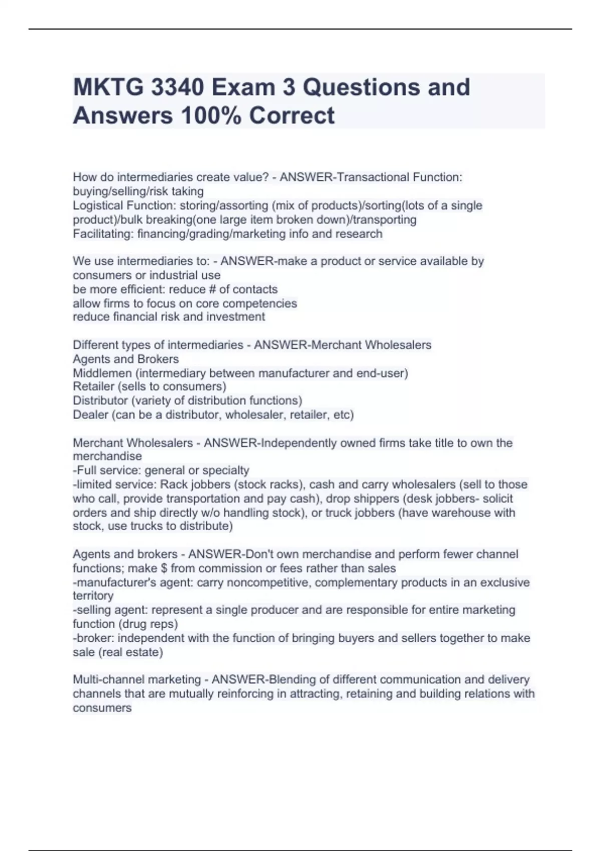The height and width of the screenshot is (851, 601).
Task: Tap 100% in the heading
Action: pos(210,116)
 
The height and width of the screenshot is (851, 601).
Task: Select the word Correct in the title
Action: pos(292,116)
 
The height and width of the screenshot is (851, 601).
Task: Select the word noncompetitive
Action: pos(269,583)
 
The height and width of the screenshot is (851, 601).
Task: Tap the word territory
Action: pos(93,596)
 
